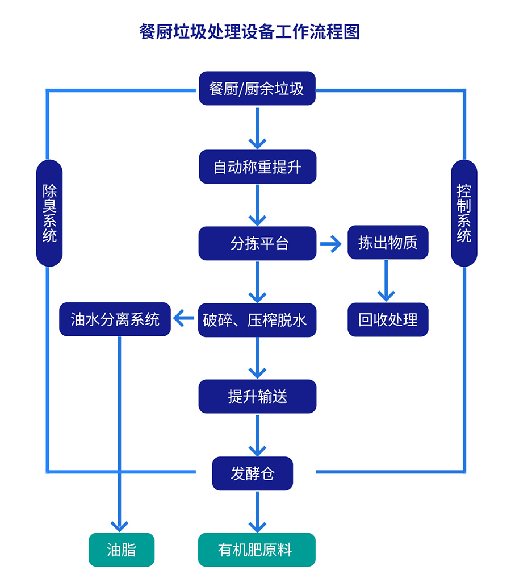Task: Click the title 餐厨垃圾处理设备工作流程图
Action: click(250, 31)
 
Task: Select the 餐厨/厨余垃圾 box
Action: click(257, 89)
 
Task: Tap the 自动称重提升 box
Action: click(257, 167)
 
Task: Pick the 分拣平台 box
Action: click(257, 244)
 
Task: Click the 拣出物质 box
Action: click(388, 243)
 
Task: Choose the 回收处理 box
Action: click(388, 320)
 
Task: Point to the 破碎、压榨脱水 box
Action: click(257, 320)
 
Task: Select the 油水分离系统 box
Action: click(115, 319)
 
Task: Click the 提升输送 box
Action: click(257, 397)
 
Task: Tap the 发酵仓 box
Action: click(253, 473)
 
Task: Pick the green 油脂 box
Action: click(122, 550)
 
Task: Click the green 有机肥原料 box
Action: click(257, 550)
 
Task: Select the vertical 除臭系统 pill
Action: click(49, 213)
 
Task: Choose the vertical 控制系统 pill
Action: click(464, 213)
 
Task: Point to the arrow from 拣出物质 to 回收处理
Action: click(386, 281)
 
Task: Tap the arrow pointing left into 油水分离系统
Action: click(183, 319)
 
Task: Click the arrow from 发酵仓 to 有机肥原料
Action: click(257, 512)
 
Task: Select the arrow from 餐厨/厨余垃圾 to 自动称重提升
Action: click(257, 128)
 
